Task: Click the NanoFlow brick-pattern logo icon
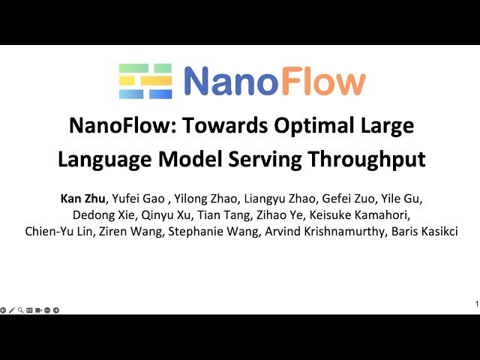tap(145, 81)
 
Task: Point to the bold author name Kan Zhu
tap(82, 199)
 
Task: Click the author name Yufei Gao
tap(136, 199)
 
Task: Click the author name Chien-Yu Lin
tap(58, 232)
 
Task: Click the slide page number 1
tap(476, 304)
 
